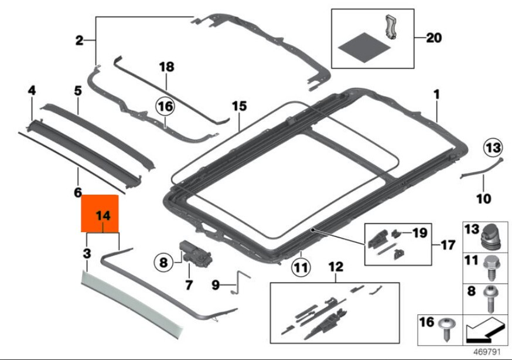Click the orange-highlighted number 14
coord(103,216)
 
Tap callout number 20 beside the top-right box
coord(434,38)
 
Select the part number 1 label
coord(436,94)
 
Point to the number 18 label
coord(166,67)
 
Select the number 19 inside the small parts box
coord(420,233)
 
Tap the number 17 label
coord(448,245)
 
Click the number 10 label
coord(483,199)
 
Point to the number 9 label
coord(216,286)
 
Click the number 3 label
coord(87,254)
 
